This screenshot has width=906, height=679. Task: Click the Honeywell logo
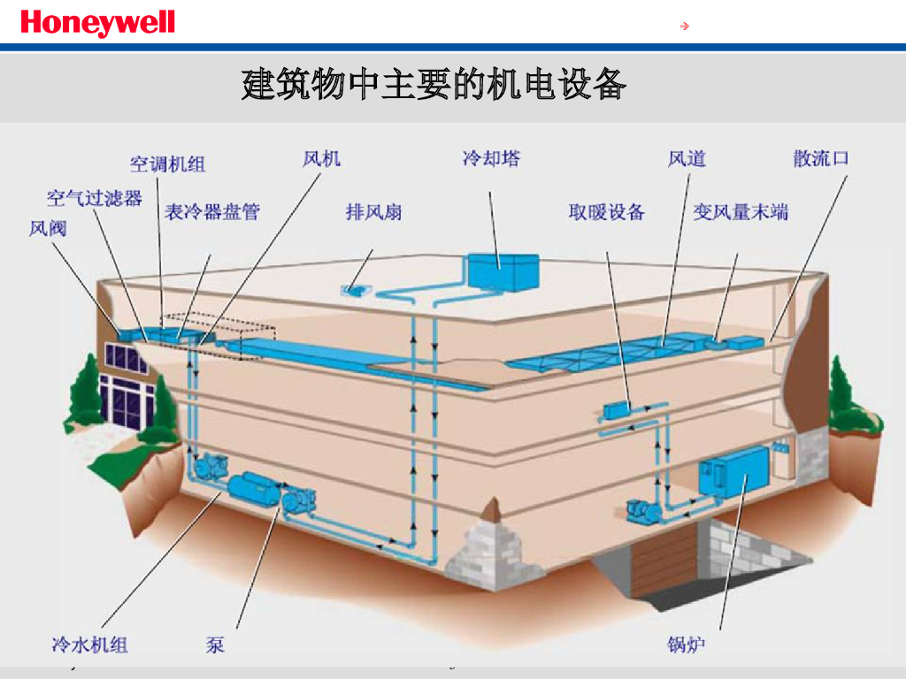coord(97,23)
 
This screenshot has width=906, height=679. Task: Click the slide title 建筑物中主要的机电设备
coord(434,86)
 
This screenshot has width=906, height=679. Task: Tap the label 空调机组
coord(168,164)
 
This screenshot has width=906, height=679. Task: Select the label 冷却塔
coord(491,158)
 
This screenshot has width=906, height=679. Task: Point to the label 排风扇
coord(373,212)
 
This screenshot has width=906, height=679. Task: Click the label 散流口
coord(821,158)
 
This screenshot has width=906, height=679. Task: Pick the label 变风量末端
coord(741,212)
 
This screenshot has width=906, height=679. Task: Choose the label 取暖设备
coord(606,212)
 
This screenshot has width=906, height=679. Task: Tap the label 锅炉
coord(687,645)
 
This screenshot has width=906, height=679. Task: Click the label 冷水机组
coord(90,645)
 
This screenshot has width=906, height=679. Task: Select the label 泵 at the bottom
coord(215,645)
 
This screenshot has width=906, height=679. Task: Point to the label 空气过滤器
coord(95,197)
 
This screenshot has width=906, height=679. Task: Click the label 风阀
coord(48,228)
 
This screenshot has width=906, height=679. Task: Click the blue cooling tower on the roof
coord(502,269)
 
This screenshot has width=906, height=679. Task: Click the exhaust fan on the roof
coord(357,287)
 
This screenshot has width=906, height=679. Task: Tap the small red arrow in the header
coord(684,26)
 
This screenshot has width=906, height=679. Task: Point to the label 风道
coord(687,158)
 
